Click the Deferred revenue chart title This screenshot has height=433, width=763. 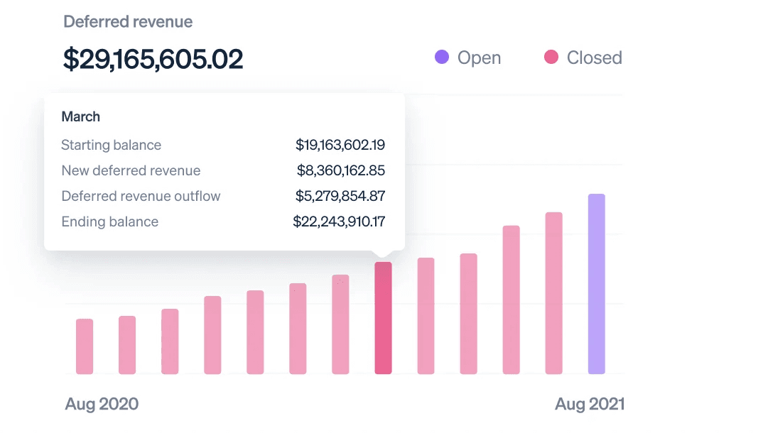(128, 22)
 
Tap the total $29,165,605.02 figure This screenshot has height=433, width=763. (153, 60)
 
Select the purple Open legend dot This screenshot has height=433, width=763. (442, 57)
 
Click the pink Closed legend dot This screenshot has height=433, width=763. (551, 57)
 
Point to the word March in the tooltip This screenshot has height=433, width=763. (80, 116)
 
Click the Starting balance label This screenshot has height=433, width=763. (111, 145)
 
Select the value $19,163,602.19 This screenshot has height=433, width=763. (340, 145)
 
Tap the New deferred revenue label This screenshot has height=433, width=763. (131, 170)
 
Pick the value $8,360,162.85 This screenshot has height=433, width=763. (341, 170)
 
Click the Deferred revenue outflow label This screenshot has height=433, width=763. (141, 196)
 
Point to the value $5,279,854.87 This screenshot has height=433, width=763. (340, 196)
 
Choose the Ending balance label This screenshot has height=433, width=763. (109, 221)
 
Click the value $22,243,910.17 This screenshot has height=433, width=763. (339, 221)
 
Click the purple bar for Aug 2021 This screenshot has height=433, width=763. (596, 284)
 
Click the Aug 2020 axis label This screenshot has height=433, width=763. (102, 405)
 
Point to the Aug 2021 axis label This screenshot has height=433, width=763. (590, 405)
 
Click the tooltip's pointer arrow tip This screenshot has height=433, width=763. (383, 256)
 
